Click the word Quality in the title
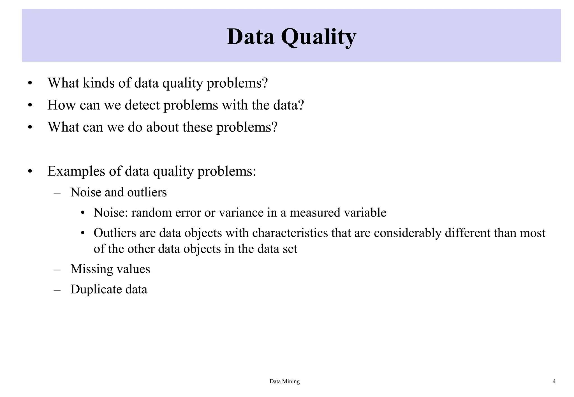coord(318,37)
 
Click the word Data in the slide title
coord(250,37)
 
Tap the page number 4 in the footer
coord(554,381)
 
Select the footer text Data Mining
coord(284,381)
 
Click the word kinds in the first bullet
coord(98,83)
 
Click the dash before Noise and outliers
coord(57,193)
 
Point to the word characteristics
coord(290,233)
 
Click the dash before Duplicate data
coord(57,290)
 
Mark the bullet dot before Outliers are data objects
coord(82,233)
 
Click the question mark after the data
coord(301,105)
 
